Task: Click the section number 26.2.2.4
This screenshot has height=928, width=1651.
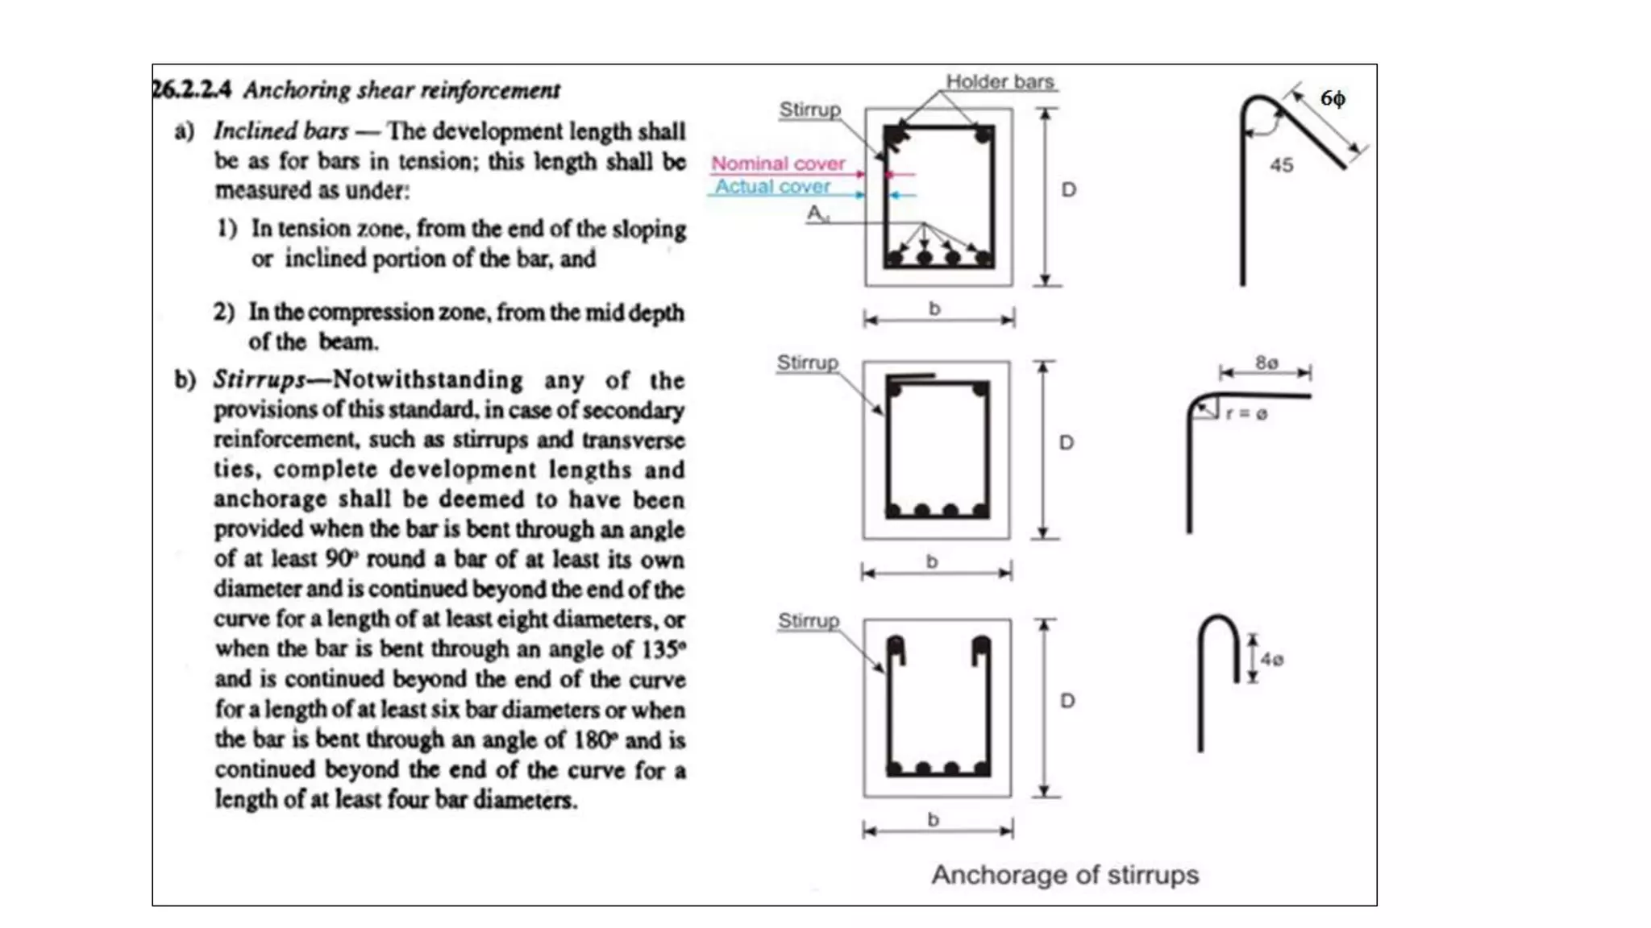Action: coord(192,89)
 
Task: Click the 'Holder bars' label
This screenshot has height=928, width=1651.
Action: coord(1000,81)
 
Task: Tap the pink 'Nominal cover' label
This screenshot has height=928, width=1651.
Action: coord(778,164)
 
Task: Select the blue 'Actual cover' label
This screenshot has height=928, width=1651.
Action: coord(772,187)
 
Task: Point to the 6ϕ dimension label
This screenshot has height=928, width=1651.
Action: coord(1333,98)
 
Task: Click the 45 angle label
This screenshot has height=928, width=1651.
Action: coord(1281,165)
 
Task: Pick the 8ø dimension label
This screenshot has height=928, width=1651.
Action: coord(1266,362)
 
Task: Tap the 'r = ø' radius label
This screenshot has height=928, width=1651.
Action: coord(1246,414)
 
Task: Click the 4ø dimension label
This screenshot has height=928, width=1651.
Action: coord(1272,659)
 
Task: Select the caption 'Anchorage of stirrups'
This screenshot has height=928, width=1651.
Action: coord(1065,875)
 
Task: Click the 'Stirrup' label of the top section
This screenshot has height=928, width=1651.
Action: coord(809,110)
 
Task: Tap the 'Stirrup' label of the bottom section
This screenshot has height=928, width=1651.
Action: coord(808,621)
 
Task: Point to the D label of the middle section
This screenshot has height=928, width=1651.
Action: coord(1067,442)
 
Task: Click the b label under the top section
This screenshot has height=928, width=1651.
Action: coord(934,309)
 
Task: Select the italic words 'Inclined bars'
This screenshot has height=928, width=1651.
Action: coord(281,130)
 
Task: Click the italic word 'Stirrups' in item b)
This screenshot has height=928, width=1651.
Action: coord(260,379)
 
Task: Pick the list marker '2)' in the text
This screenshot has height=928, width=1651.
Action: coord(223,312)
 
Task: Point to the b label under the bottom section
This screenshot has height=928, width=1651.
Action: coord(934,819)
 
